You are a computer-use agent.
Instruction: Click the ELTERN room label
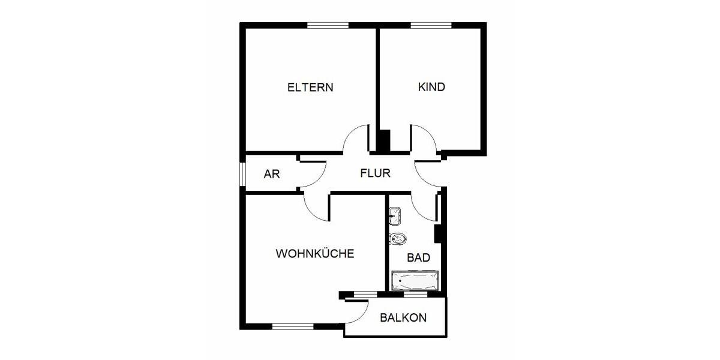tap(310, 87)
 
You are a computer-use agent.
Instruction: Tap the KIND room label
tap(431, 87)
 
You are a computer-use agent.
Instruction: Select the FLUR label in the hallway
tap(375, 174)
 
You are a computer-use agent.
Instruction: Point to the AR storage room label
tap(272, 174)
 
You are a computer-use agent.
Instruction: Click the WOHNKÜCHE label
tap(314, 253)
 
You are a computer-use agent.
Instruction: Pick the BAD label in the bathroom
tap(418, 258)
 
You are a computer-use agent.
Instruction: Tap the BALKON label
tap(403, 317)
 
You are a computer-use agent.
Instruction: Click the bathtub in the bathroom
tap(415, 280)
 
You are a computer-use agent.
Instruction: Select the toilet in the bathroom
tap(398, 239)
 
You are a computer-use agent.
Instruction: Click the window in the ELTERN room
tap(328, 25)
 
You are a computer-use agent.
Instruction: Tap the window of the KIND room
tap(431, 25)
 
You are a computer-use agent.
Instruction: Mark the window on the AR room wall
tap(242, 174)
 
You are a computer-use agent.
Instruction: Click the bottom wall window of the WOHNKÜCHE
tap(293, 326)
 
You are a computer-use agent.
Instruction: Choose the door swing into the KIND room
tap(424, 139)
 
